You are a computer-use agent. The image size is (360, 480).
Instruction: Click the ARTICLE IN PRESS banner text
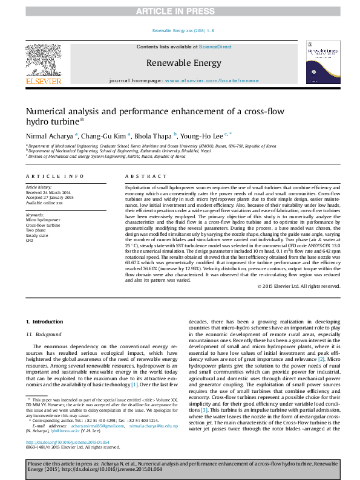click(x=180, y=11)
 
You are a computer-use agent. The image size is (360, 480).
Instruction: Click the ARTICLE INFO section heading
click(x=54, y=176)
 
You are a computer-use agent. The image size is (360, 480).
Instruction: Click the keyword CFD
click(x=30, y=240)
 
